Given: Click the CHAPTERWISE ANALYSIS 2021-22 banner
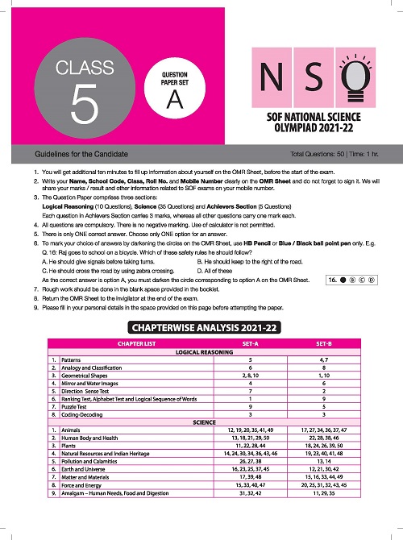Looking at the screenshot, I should coord(201,327).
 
